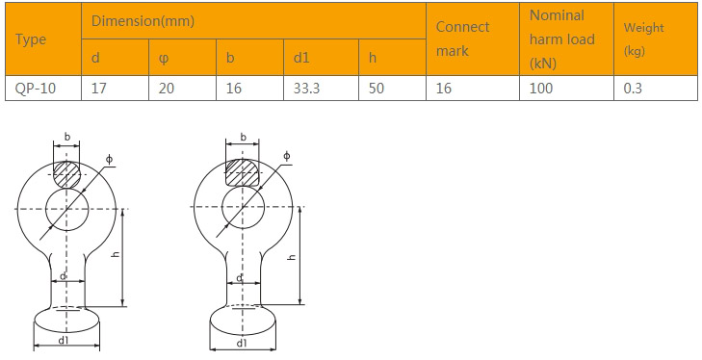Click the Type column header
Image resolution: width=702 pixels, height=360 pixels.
click(x=31, y=39)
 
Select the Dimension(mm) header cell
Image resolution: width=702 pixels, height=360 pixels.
click(x=143, y=21)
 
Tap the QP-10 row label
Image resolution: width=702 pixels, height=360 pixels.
click(x=36, y=89)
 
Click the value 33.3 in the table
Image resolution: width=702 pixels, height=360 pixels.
click(x=306, y=89)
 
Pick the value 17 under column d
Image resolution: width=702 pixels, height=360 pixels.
click(x=99, y=89)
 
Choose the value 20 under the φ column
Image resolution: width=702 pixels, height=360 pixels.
click(x=166, y=89)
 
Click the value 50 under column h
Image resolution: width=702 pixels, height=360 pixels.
click(x=377, y=89)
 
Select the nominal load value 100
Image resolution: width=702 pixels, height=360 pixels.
click(x=541, y=89)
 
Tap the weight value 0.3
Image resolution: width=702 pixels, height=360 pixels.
click(x=633, y=89)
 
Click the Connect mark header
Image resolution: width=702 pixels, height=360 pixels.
click(x=462, y=39)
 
